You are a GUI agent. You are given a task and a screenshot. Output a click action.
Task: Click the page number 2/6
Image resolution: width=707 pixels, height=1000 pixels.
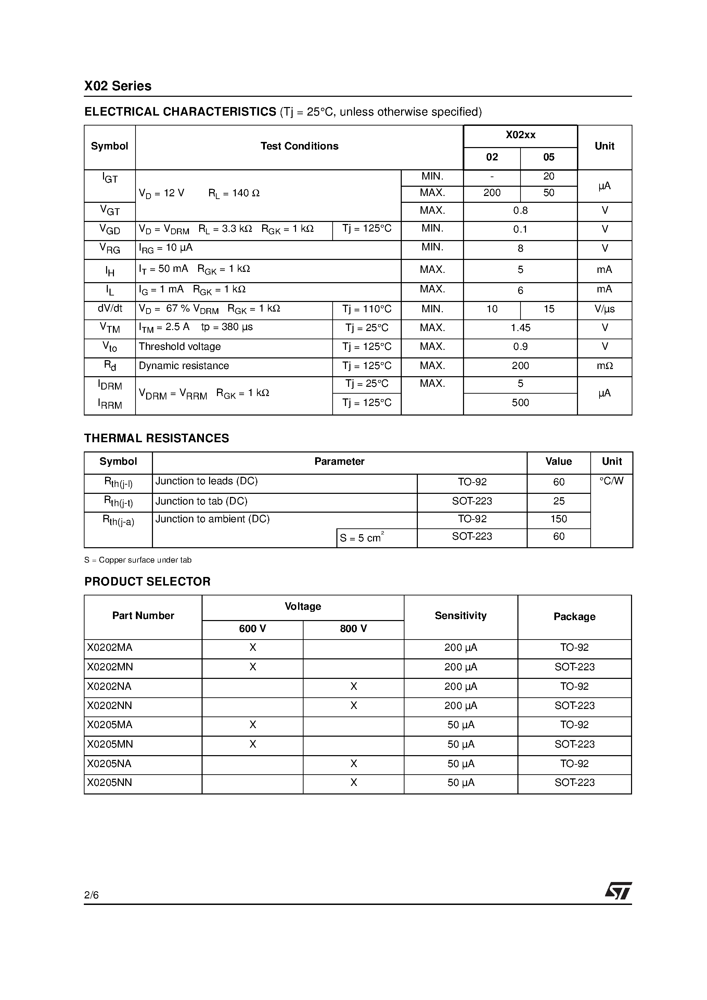point(91,895)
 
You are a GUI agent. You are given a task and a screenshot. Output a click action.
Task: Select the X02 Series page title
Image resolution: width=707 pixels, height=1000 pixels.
point(118,86)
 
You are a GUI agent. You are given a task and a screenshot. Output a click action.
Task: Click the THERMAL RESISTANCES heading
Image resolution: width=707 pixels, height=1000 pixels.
point(156,438)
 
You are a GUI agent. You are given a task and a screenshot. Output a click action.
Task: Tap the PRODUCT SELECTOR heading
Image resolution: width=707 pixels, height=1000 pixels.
point(147,581)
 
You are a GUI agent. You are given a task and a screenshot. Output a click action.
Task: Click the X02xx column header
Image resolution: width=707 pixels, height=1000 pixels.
point(520,135)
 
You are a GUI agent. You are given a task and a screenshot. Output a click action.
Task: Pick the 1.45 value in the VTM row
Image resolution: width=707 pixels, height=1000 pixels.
point(520,328)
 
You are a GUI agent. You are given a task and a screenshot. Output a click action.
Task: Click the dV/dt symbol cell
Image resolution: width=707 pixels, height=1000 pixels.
point(110,309)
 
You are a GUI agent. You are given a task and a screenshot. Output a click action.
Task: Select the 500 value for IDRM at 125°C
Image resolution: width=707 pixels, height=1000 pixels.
point(520,403)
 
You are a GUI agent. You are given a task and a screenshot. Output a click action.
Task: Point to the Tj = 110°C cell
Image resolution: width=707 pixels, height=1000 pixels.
point(367,309)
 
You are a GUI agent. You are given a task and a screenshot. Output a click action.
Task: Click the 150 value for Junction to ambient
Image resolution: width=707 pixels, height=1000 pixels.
point(558,519)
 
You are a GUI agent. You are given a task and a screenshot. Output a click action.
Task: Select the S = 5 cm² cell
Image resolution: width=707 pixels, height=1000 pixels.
point(362,538)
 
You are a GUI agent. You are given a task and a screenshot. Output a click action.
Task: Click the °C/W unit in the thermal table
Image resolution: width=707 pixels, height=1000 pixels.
point(611,481)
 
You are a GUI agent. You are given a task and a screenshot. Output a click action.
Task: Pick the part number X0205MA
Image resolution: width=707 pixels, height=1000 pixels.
point(110,725)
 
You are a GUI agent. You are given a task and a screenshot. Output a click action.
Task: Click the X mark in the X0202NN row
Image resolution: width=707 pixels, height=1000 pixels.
point(353,705)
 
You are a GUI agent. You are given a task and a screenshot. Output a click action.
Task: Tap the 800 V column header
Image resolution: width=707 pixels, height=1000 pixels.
point(353,629)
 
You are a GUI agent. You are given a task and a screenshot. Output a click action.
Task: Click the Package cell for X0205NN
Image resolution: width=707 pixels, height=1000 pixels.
point(574,783)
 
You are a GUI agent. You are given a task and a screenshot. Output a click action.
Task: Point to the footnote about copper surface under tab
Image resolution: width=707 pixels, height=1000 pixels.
point(138,560)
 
